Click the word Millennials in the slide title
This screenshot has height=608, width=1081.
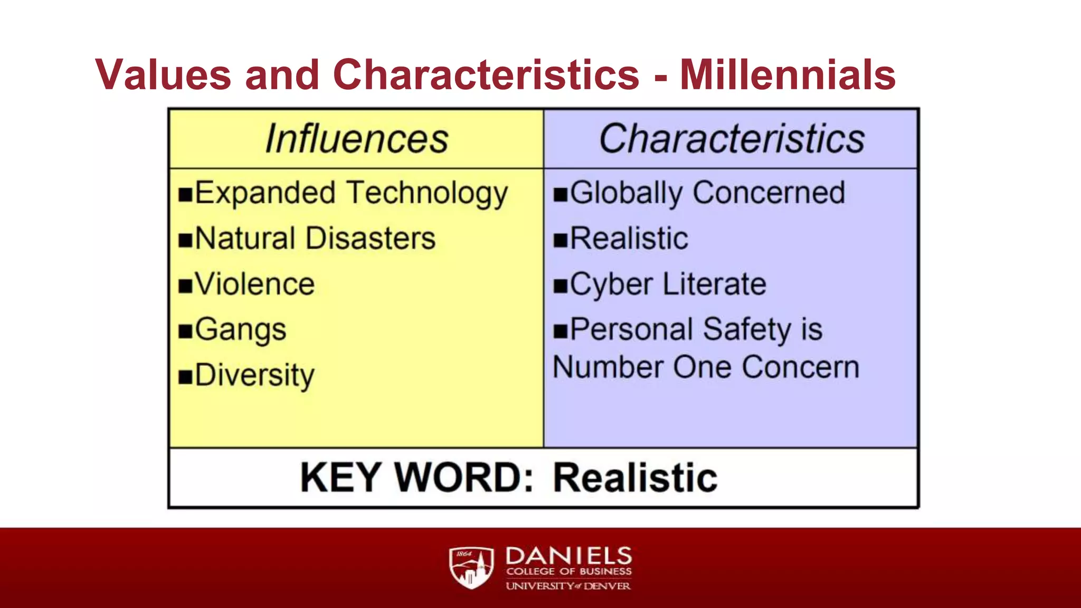[788, 75]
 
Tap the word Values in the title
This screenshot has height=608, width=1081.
[163, 75]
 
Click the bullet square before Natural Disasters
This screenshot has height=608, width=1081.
[185, 240]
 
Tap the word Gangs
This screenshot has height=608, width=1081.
[241, 330]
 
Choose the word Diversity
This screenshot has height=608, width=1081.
[254, 376]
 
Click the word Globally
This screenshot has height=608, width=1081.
[626, 194]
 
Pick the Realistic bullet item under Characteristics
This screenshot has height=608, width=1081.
[629, 239]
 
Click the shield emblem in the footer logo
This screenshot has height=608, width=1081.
[471, 567]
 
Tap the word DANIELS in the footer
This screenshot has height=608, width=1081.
[568, 556]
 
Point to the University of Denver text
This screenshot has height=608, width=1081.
[568, 586]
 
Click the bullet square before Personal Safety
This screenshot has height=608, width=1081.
[560, 331]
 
